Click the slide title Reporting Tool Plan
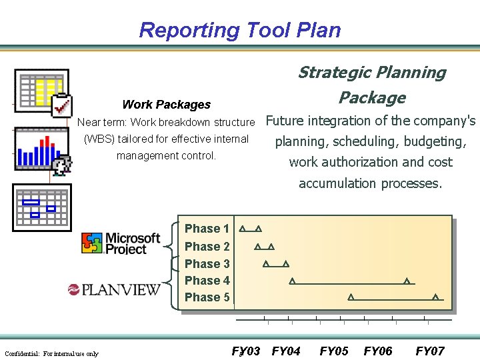tap(240, 30)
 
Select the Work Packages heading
tap(166, 105)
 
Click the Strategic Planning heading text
tap(371, 73)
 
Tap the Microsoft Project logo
tap(121, 243)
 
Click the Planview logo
tap(114, 289)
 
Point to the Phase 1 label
tap(207, 229)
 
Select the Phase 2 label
tap(207, 247)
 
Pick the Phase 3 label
tap(207, 264)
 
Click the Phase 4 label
tap(207, 281)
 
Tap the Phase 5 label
tap(207, 297)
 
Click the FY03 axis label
tap(246, 351)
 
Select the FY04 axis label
tap(286, 351)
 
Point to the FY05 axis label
tap(334, 351)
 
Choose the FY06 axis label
tap(378, 351)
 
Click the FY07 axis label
tap(430, 351)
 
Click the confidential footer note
tap(51, 353)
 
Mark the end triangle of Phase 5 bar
tap(435, 297)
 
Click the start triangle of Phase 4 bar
tap(292, 281)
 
